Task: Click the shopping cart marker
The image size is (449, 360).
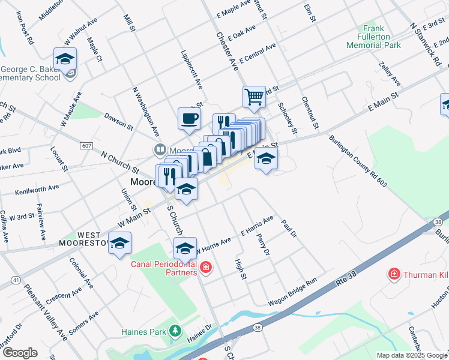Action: click(254, 97)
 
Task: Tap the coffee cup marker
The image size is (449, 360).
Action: click(189, 118)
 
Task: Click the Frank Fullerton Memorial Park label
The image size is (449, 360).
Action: click(373, 37)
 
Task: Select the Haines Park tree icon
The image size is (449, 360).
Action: click(175, 330)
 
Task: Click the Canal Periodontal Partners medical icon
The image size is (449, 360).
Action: click(206, 266)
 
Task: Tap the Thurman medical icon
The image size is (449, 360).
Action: click(394, 274)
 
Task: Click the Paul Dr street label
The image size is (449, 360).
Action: click(289, 228)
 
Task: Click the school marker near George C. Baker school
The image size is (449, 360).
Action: click(65, 58)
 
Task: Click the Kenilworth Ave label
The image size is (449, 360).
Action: click(37, 190)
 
